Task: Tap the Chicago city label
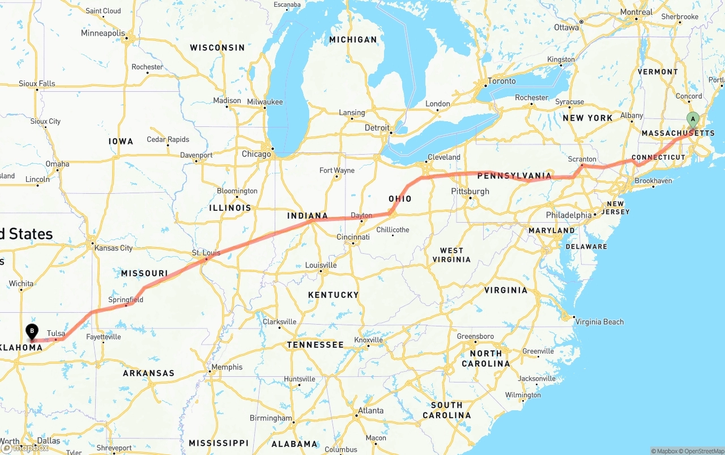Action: [256, 154]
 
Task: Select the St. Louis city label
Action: [206, 253]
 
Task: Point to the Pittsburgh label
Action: [470, 192]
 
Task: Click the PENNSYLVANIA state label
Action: [514, 176]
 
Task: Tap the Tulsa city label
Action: [56, 333]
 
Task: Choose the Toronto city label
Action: [502, 81]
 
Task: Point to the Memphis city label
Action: [227, 367]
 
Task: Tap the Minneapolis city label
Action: [103, 33]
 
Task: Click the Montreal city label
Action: [636, 12]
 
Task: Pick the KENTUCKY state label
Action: [333, 295]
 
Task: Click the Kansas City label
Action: [114, 248]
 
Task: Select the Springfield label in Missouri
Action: [126, 299]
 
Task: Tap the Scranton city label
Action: [582, 159]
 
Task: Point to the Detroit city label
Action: [377, 127]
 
